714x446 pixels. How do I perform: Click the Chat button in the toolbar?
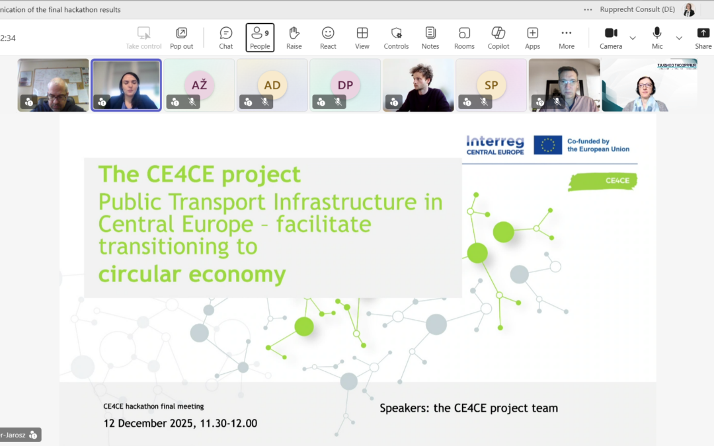[x=226, y=37]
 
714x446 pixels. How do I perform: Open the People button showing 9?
[x=260, y=37]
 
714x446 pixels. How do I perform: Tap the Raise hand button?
[x=294, y=37]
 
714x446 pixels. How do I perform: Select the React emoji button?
[x=328, y=37]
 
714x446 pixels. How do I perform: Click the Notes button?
[x=430, y=37]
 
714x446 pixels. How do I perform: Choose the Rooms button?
[x=464, y=37]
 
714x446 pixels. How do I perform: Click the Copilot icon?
[x=498, y=37]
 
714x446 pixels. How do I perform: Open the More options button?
[x=566, y=37]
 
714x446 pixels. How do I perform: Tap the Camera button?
[x=611, y=37]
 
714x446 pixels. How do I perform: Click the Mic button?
[x=657, y=37]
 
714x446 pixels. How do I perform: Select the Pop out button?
[x=181, y=37]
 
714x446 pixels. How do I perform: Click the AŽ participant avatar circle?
[x=200, y=85]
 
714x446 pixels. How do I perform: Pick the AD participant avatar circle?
[x=272, y=85]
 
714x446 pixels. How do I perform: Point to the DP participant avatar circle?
[x=345, y=85]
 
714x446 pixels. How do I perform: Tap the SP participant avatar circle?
[x=491, y=85]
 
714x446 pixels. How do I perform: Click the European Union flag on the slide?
[x=547, y=145]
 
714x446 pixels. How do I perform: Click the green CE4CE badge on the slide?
[x=603, y=181]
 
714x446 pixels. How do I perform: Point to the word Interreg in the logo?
[x=495, y=141]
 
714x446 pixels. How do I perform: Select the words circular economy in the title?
[x=192, y=274]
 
